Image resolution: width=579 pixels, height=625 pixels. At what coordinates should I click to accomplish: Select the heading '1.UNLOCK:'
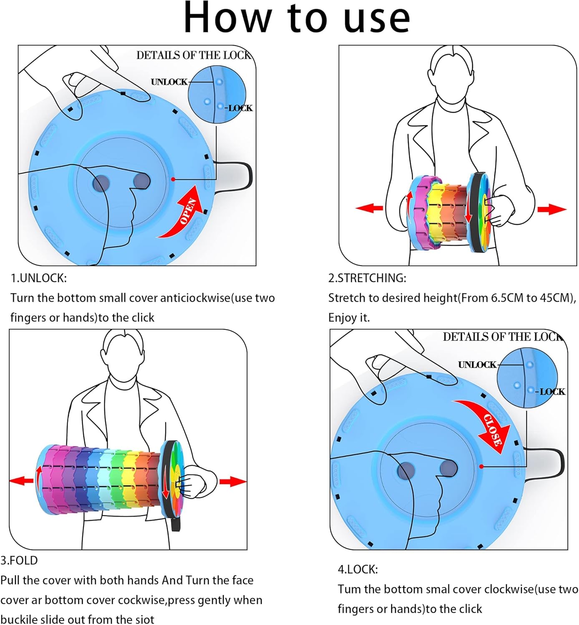(x=38, y=278)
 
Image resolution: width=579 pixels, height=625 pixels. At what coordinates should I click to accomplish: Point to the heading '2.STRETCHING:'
(x=367, y=278)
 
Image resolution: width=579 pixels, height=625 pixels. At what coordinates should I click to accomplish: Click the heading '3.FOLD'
(x=19, y=560)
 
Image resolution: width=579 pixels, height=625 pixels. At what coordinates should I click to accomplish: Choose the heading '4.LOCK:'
(x=357, y=569)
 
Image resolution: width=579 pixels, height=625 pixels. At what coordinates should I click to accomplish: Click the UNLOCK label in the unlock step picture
(x=169, y=82)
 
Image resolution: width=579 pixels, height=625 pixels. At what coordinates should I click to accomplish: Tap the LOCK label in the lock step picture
(x=552, y=392)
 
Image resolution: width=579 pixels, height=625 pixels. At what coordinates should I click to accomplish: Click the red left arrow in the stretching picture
(x=369, y=208)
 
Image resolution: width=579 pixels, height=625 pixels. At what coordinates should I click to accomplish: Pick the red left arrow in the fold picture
(x=21, y=481)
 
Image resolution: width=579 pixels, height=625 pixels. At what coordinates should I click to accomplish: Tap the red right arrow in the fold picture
(x=232, y=482)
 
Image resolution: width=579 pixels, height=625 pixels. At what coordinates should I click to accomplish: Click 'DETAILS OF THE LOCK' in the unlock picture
(x=194, y=55)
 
